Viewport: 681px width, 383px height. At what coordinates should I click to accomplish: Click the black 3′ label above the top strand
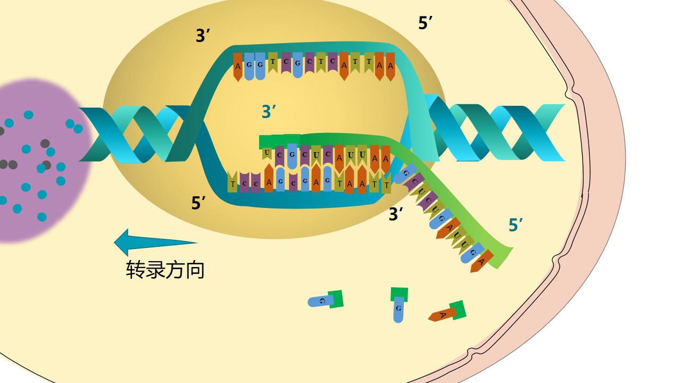[x=204, y=36]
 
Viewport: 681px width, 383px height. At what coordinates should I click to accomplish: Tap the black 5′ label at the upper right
[x=426, y=23]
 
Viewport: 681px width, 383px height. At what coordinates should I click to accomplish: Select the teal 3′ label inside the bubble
[x=269, y=112]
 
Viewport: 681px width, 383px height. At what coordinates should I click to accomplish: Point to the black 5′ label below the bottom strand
[x=199, y=203]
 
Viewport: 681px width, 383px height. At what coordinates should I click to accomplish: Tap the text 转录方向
[x=165, y=270]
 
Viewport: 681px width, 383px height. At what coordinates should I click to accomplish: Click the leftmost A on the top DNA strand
[x=238, y=66]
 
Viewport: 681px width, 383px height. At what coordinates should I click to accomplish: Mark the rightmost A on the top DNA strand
[x=391, y=66]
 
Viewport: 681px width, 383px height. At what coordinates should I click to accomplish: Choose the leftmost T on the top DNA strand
[x=273, y=62]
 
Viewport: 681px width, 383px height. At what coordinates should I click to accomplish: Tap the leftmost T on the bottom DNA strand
[x=232, y=184]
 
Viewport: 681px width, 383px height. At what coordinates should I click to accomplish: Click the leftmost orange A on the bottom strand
[x=269, y=182]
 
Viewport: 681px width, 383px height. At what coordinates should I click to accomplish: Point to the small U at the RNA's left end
[x=267, y=153]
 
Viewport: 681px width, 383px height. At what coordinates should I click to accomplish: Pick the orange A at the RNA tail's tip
[x=480, y=262]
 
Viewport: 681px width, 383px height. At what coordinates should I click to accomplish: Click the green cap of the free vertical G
[x=399, y=294]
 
